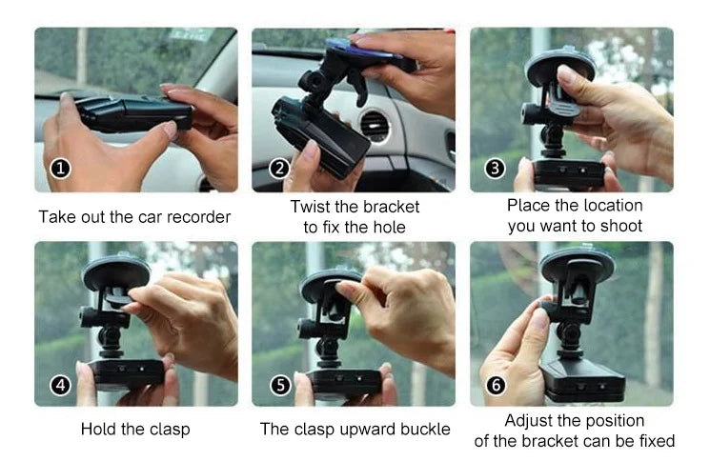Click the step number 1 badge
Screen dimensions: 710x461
coord(61,169)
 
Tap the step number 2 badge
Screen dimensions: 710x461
coord(279,169)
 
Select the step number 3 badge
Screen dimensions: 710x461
coord(495,169)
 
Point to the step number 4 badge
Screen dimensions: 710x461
coord(61,386)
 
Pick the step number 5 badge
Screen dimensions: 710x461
coord(280,385)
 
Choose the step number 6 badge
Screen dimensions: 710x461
coord(496,385)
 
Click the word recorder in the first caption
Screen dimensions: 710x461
coord(198,217)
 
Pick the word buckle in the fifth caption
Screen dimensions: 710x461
coord(426,429)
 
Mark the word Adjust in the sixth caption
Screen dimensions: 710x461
coord(528,421)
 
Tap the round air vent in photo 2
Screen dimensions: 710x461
coord(375,125)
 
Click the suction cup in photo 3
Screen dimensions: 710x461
coord(560,69)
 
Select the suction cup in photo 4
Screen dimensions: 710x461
coord(116,272)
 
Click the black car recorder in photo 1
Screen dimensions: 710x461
coord(134,113)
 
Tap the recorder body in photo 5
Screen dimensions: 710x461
coord(344,383)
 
